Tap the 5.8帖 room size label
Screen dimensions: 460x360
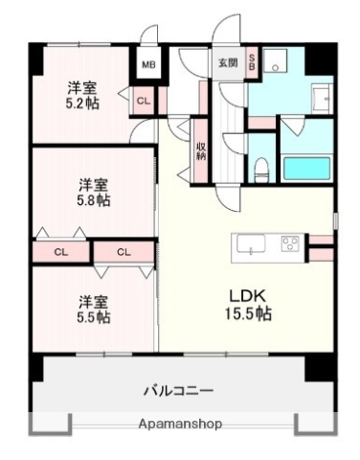(x=94, y=203)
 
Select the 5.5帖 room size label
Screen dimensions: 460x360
(x=94, y=315)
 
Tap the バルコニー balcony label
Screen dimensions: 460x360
(x=178, y=390)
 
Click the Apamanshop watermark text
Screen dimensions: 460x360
(x=179, y=424)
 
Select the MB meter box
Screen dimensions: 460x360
(x=148, y=65)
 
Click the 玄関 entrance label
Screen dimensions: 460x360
(x=226, y=63)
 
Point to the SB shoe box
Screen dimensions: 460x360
(x=252, y=63)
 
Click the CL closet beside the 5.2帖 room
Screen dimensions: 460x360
(x=143, y=99)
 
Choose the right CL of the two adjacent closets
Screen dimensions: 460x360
(x=124, y=252)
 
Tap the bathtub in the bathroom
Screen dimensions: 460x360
(x=306, y=167)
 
